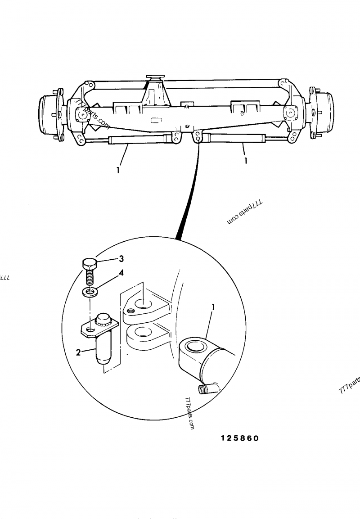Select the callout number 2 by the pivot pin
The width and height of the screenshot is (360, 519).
click(x=78, y=352)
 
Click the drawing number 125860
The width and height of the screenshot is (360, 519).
click(x=240, y=438)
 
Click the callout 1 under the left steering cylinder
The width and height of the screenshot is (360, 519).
click(x=118, y=171)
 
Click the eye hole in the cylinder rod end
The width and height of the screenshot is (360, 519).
click(x=197, y=347)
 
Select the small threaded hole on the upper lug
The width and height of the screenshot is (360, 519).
click(x=131, y=310)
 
